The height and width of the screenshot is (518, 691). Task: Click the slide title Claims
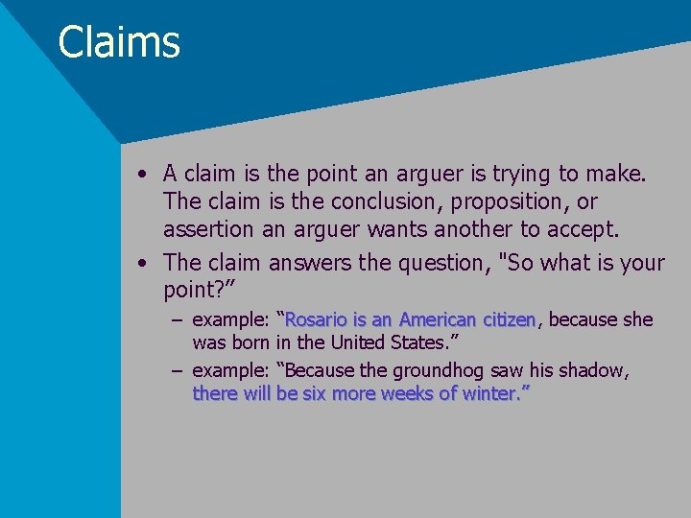pyautogui.click(x=119, y=42)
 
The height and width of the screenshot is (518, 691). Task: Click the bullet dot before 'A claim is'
pyautogui.click(x=142, y=175)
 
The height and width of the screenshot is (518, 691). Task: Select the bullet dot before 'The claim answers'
pyautogui.click(x=142, y=262)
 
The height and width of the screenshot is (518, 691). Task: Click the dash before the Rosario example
pyautogui.click(x=179, y=319)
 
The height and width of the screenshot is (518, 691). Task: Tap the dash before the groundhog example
pyautogui.click(x=179, y=370)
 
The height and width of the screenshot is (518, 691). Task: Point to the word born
pyautogui.click(x=250, y=342)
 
